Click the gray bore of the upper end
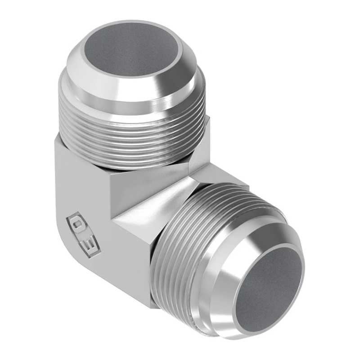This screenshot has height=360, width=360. pyautogui.click(x=131, y=49)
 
